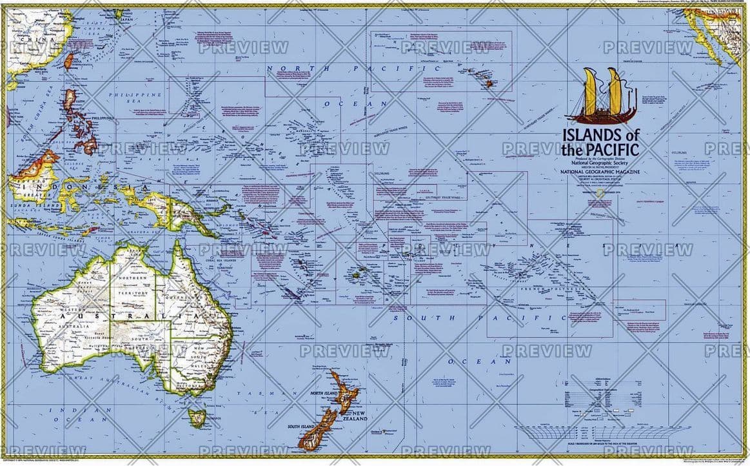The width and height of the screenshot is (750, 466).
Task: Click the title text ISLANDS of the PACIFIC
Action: pos(601,143)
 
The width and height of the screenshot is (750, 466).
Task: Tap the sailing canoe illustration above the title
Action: pos(601,96)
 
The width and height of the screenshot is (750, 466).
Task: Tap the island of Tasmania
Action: pos(197,417)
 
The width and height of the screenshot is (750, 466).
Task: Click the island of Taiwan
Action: pos(69,60)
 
